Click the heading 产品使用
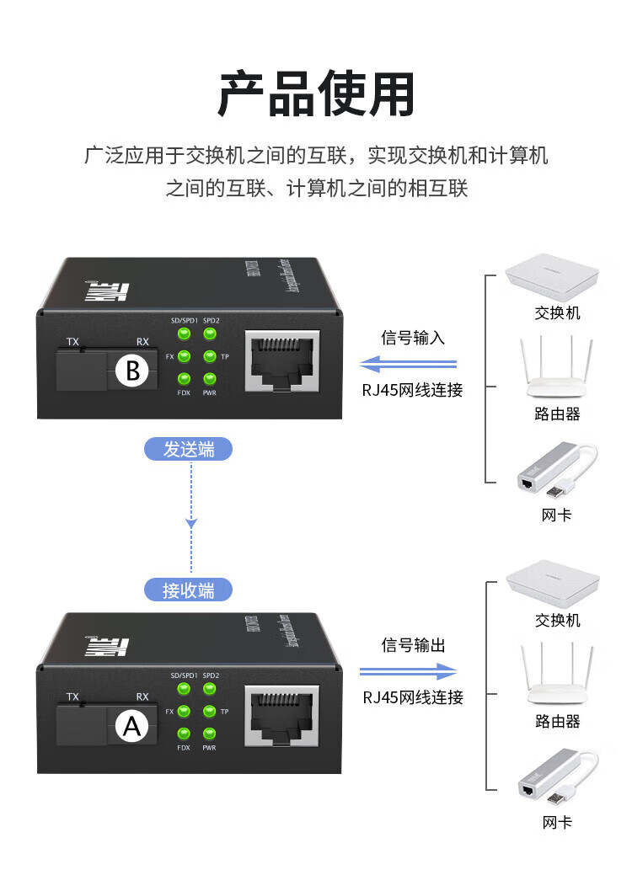316,94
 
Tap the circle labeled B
132,371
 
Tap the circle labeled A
132,725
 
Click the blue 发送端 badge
189,450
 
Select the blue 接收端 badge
189,590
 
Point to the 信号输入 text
413,339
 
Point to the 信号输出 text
413,646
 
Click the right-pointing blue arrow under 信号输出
408,671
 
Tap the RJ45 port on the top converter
281,360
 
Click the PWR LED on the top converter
210,380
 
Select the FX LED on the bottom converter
183,712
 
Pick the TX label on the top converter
73,342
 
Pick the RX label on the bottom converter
142,697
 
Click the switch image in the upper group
552,278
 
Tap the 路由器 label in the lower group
557,722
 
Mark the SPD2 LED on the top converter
210,334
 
